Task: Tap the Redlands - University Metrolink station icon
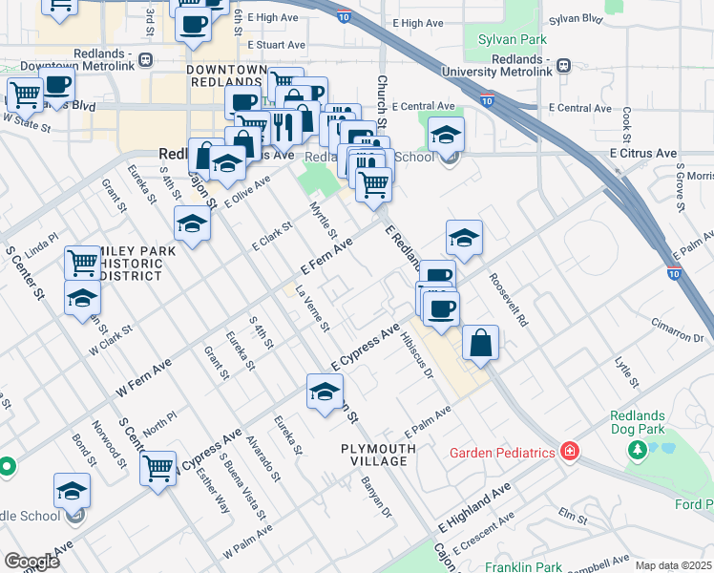point(564,66)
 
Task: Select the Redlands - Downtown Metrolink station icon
point(144,59)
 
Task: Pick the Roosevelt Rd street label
point(508,301)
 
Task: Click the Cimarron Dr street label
point(680,331)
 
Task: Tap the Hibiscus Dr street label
point(417,355)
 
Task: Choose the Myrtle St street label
point(324,220)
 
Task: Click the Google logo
point(31,562)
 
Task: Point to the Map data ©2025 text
point(673,565)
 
